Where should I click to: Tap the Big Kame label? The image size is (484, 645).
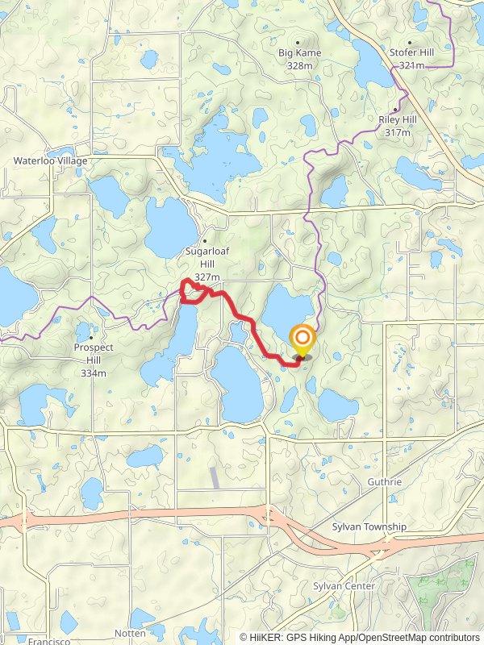tap(299, 53)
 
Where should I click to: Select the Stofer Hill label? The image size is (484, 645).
tap(411, 53)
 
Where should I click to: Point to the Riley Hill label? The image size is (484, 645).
tap(397, 120)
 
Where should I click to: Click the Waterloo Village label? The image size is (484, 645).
tap(50, 161)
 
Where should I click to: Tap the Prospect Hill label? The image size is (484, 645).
tap(94, 347)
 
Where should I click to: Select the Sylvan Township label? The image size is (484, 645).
tap(369, 526)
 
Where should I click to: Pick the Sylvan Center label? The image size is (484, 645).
tap(344, 585)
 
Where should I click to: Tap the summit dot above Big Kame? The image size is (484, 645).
tap(298, 42)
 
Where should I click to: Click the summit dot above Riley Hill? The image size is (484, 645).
tap(396, 109)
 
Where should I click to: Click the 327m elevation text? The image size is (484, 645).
tap(207, 277)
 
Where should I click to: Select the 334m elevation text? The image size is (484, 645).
tap(94, 372)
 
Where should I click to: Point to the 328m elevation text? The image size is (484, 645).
tap(299, 65)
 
